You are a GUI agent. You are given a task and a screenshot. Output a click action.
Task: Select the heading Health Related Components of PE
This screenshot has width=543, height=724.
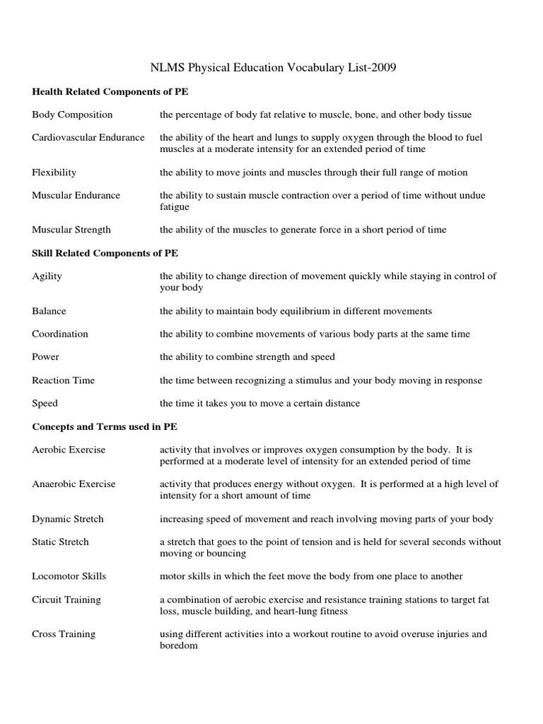(110, 92)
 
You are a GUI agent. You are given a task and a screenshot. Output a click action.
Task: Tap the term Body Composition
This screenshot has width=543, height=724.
(72, 115)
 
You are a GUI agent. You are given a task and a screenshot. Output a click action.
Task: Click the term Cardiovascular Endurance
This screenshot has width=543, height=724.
(88, 137)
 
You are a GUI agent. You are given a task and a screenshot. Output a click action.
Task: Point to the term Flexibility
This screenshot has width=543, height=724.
(54, 172)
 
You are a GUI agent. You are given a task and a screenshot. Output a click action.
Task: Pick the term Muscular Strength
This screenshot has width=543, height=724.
(71, 229)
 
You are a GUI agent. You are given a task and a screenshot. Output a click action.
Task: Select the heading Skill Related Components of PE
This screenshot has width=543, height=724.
(110, 252)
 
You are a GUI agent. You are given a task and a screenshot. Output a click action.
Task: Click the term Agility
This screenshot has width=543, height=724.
(47, 276)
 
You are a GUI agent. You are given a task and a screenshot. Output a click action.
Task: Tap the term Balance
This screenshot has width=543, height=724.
(49, 310)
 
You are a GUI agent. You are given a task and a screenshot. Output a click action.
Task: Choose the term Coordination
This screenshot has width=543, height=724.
(60, 334)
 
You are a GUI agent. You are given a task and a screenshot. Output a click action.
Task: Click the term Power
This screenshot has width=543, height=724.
(45, 357)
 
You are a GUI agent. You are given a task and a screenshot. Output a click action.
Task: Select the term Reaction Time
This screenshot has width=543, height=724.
(64, 380)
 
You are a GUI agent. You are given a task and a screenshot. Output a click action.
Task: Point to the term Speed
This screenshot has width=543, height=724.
(45, 403)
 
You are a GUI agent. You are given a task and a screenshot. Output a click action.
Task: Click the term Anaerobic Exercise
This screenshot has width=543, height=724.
(74, 484)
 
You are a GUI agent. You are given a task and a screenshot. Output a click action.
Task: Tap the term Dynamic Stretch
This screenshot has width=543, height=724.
(68, 518)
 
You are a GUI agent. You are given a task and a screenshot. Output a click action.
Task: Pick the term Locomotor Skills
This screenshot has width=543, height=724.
(69, 576)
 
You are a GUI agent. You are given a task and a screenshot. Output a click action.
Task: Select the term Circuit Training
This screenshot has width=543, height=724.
(66, 600)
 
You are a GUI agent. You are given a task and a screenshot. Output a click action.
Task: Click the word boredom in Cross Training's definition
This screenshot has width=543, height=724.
(179, 646)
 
